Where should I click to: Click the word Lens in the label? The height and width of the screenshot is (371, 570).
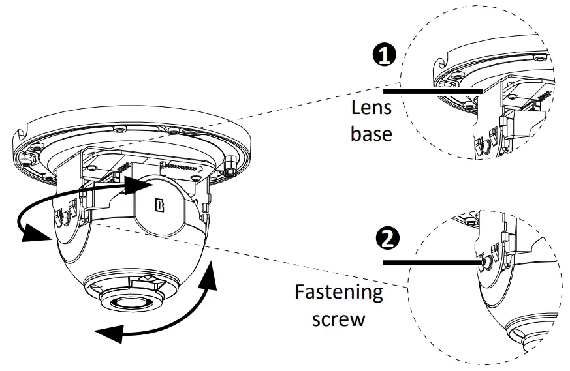tap(372, 109)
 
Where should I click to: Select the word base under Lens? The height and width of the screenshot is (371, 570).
tap(372, 134)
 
